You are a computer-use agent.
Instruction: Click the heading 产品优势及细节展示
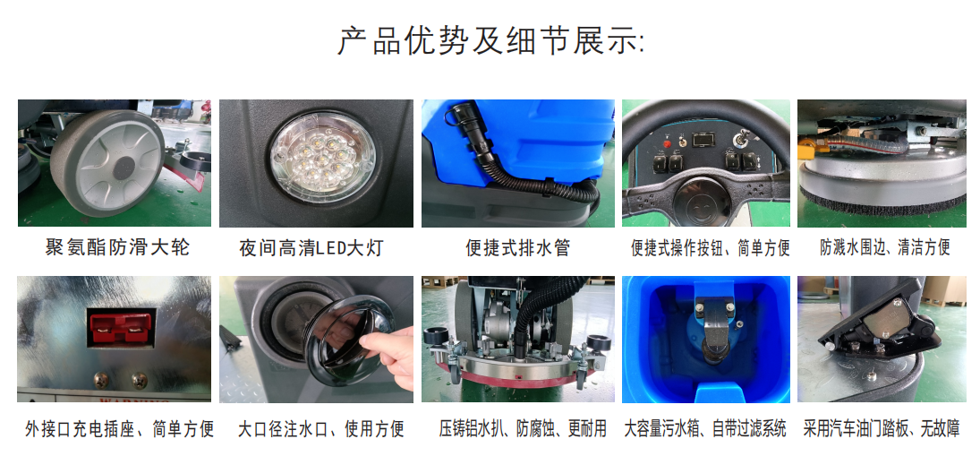coord(490,40)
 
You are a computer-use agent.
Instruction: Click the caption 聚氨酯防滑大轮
coord(117,246)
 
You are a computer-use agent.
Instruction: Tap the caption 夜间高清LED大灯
coord(311,248)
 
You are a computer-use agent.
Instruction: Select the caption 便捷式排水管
coord(518,247)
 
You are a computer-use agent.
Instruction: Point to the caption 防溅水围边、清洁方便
coord(885,246)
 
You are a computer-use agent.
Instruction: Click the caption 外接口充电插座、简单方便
coord(119,428)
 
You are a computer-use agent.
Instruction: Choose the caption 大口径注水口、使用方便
coord(321,428)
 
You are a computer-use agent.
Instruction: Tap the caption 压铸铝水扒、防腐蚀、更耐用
coord(523,428)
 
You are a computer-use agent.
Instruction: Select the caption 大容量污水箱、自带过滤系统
coord(705,428)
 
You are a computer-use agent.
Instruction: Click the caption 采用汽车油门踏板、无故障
coord(882,428)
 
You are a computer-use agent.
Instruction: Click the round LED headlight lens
coord(323,157)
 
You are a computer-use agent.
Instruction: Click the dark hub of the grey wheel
coord(124,166)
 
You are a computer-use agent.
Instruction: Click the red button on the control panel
coord(666,143)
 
